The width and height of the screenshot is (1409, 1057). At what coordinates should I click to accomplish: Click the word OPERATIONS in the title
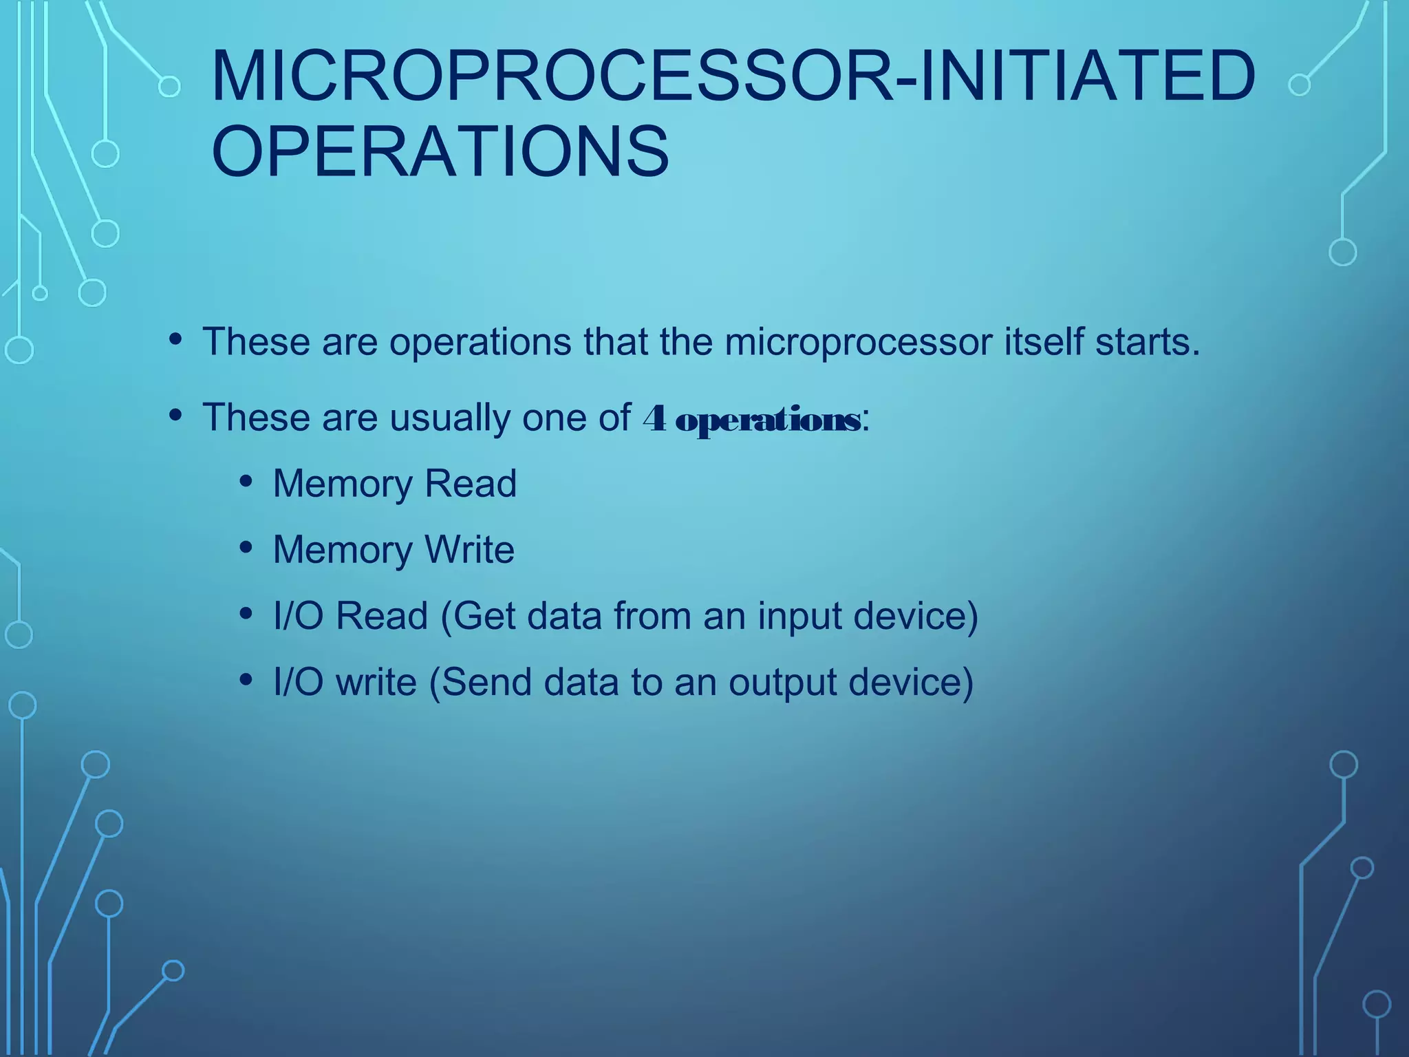tap(440, 151)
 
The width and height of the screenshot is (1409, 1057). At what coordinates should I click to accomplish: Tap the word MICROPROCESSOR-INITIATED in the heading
tap(733, 76)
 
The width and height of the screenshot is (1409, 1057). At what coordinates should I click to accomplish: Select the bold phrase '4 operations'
tap(751, 418)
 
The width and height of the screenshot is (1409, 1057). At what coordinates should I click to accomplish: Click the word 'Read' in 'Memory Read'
tap(471, 483)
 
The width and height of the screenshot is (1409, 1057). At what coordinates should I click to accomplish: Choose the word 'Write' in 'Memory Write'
tap(469, 550)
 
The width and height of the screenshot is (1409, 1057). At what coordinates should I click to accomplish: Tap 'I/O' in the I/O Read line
tap(298, 615)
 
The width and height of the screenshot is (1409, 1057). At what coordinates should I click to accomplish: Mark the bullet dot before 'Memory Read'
tap(246, 482)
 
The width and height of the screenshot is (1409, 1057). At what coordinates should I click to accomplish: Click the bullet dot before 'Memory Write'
tap(246, 548)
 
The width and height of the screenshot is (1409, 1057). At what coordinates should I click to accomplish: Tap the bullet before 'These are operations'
tap(175, 339)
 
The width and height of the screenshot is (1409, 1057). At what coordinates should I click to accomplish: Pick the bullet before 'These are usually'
tap(175, 415)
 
